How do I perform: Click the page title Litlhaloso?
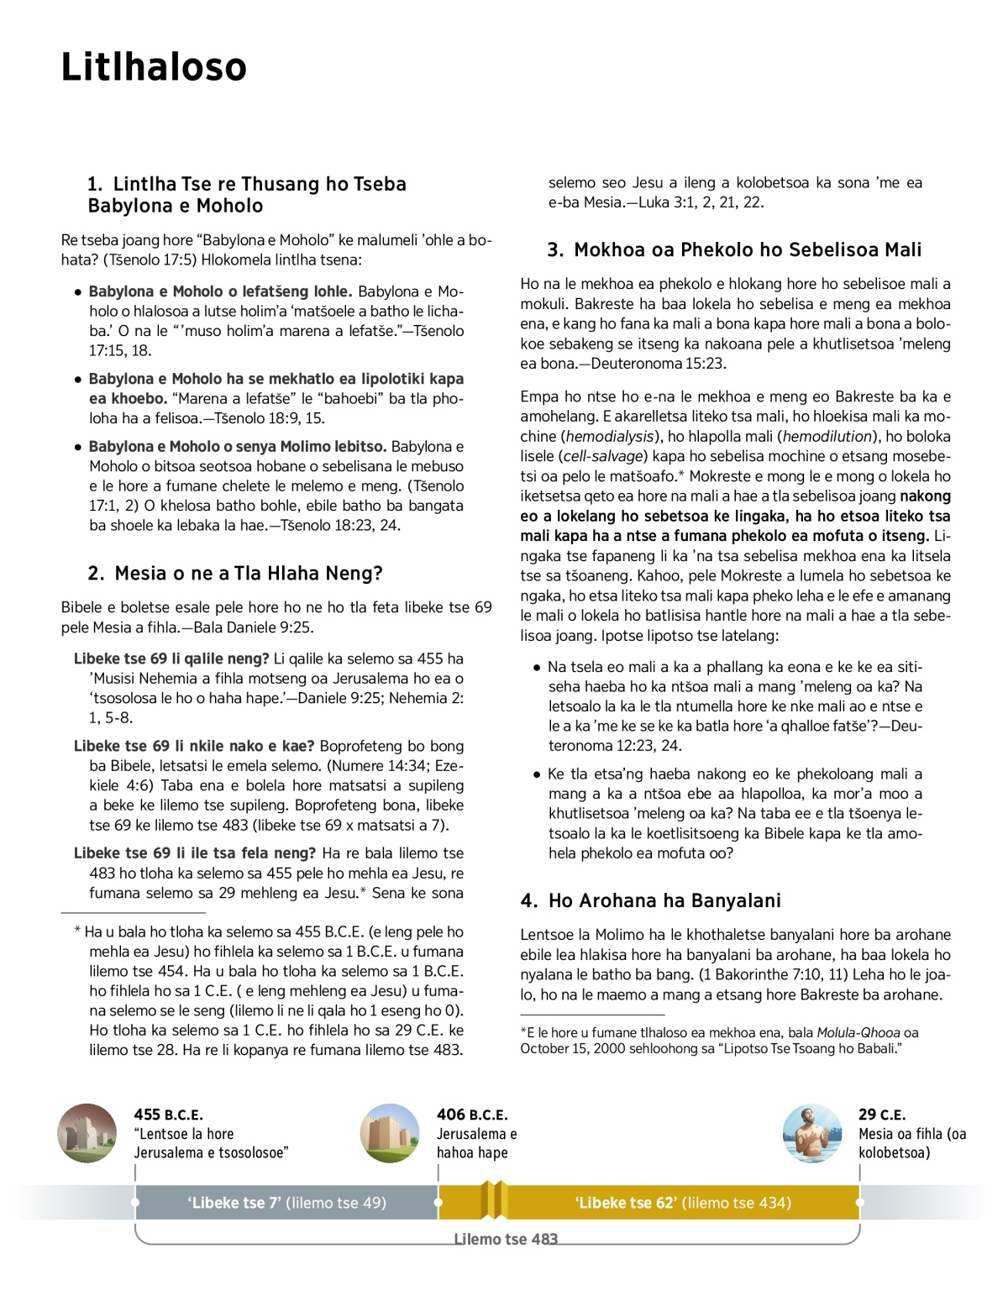[154, 67]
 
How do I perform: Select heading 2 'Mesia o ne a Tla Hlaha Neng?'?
[235, 574]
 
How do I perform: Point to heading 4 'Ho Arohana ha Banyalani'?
[651, 900]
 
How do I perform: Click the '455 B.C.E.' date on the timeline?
[168, 1115]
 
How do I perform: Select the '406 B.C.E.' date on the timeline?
[472, 1115]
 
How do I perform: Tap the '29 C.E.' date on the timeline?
[882, 1115]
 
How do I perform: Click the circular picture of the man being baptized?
[811, 1133]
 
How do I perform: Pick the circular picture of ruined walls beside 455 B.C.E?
[87, 1133]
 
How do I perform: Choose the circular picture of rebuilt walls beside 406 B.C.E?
[390, 1133]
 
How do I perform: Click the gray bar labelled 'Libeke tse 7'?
[286, 1203]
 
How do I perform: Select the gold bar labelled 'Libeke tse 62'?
[683, 1203]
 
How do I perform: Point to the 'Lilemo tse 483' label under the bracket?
[506, 1239]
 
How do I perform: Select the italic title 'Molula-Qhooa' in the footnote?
[858, 1032]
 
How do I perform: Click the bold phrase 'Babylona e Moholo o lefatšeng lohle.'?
[220, 291]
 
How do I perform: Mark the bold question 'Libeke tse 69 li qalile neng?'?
[171, 658]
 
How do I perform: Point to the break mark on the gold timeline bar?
[495, 1200]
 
